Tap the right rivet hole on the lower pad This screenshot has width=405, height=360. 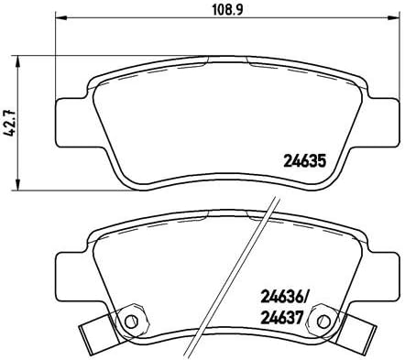[322, 322]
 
